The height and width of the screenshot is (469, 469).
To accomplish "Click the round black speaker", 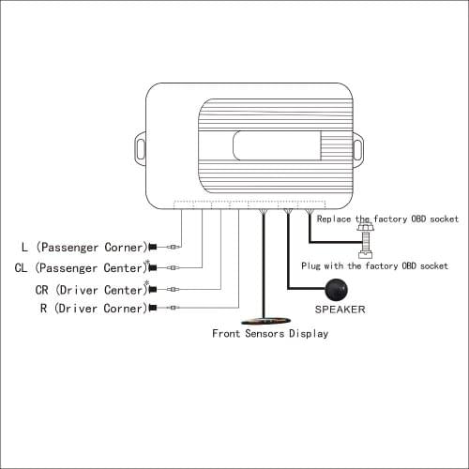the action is coord(337,290).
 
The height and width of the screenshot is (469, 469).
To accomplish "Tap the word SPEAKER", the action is coord(340,310).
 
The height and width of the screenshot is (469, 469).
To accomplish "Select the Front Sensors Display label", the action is coord(270,334).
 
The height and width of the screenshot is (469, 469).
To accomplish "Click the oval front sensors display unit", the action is coord(266,321).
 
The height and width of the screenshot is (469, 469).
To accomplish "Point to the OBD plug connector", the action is coord(366,240).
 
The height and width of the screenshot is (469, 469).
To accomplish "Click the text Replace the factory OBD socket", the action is coord(387,219).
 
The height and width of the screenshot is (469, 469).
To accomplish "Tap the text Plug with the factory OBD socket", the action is coord(374,266).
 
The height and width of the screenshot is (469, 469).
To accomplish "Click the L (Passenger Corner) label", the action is coord(84,248).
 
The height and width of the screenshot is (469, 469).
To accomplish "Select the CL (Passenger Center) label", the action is coord(81,268).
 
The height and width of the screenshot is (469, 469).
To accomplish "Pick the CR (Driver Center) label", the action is coord(91,290).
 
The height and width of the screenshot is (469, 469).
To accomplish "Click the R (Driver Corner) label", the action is coord(94,309).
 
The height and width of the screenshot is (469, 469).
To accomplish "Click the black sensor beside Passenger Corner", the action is coord(153,247).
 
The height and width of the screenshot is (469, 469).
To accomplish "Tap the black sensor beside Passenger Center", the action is coord(153,268).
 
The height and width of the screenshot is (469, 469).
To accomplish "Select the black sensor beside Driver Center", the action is coord(153,289).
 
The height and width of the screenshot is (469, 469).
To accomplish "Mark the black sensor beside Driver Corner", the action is coord(153,308).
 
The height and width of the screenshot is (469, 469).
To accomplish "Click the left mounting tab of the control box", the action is coord(141,149).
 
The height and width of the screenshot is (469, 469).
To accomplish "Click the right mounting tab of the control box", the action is coord(358,150).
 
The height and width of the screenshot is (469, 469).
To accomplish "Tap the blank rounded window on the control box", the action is coord(277,145).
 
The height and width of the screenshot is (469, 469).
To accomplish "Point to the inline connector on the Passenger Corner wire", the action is coord(174,247).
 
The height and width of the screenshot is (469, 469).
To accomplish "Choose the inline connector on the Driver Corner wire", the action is coord(174,308).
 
